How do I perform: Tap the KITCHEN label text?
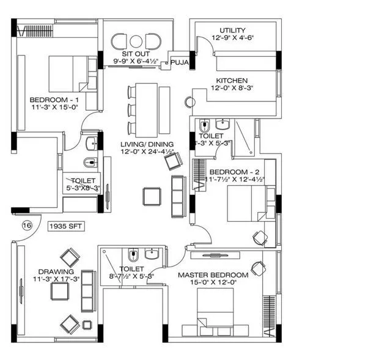pos(232,81)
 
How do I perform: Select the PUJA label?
pos(179,62)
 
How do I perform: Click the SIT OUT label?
pos(136,53)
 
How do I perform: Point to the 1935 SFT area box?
pos(66,226)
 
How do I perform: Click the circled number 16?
pos(26,226)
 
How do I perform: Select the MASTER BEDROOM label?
pos(213,275)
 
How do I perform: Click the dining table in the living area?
pos(145,110)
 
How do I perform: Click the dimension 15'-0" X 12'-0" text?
pos(213,284)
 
